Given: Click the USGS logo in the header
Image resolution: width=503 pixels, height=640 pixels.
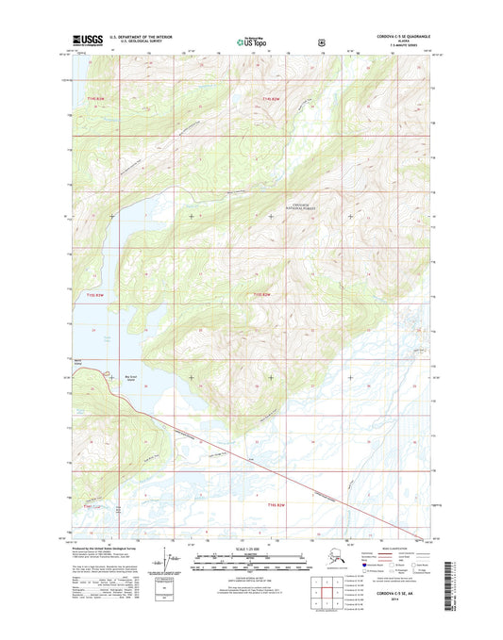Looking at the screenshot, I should pyautogui.click(x=87, y=41).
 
